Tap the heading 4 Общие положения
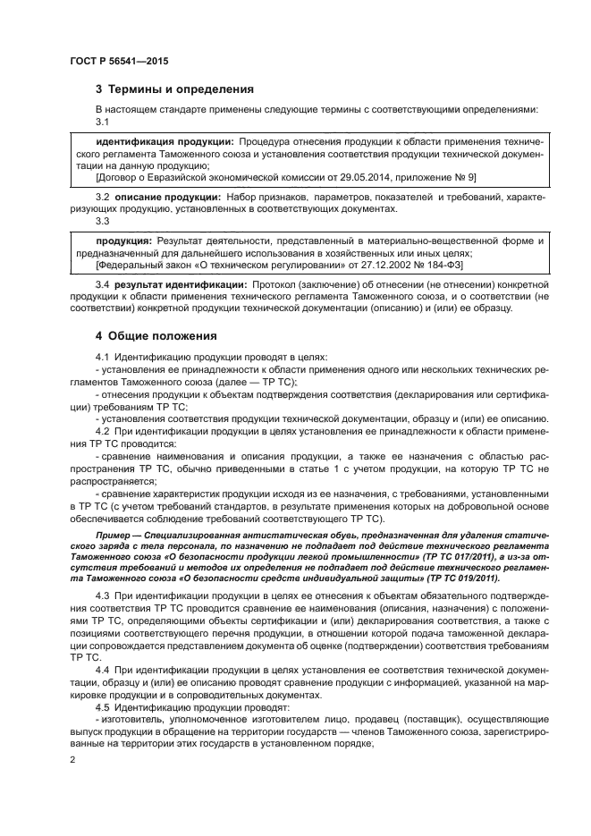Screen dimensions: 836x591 [x=156, y=336]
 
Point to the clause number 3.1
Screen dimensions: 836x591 [x=102, y=121]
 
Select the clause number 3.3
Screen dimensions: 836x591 [x=102, y=220]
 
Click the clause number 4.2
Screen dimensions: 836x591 [x=102, y=431]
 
